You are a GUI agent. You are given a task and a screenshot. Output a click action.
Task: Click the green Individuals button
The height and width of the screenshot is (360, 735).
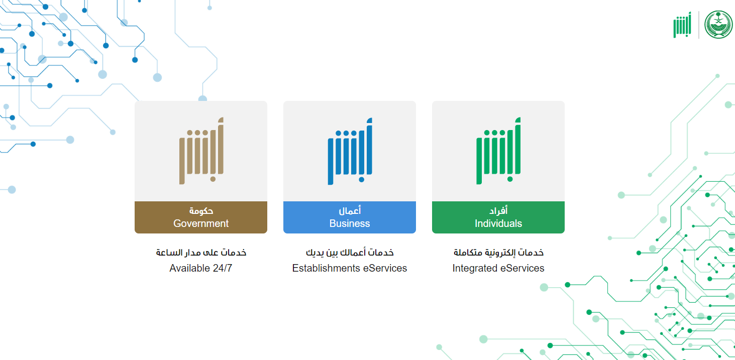(498, 217)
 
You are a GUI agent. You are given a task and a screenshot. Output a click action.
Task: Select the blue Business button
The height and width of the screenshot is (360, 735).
(350, 217)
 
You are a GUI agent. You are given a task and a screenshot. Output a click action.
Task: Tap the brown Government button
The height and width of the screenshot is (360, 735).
(201, 217)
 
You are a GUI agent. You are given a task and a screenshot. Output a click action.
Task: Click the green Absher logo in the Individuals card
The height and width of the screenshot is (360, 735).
(498, 151)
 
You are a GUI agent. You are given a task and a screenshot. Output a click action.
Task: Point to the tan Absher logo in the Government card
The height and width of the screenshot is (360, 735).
(201, 151)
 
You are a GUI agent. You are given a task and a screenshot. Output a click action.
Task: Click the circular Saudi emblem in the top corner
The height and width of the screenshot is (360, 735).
(718, 25)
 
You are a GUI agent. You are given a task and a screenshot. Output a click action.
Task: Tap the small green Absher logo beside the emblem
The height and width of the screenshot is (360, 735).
(682, 25)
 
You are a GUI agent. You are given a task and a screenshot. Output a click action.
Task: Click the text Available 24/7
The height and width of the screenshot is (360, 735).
(201, 268)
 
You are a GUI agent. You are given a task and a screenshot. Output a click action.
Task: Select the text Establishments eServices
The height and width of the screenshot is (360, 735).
(350, 268)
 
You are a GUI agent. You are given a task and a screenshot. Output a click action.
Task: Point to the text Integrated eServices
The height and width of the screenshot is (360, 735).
(498, 268)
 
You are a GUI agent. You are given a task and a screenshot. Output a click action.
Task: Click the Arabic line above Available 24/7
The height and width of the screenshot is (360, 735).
(201, 253)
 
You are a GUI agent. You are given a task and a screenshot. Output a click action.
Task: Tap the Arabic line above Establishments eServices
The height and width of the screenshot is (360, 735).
(350, 253)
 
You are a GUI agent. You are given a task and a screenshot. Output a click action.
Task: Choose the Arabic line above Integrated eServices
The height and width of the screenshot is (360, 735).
(498, 253)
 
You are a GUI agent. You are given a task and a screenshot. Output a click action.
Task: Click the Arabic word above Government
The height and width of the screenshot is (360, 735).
(201, 210)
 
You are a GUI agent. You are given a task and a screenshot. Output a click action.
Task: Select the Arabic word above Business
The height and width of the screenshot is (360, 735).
(350, 210)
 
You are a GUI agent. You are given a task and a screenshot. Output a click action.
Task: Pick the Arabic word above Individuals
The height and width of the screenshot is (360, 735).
(498, 210)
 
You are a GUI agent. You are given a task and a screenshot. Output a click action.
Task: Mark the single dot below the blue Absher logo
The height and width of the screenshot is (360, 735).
(362, 179)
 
